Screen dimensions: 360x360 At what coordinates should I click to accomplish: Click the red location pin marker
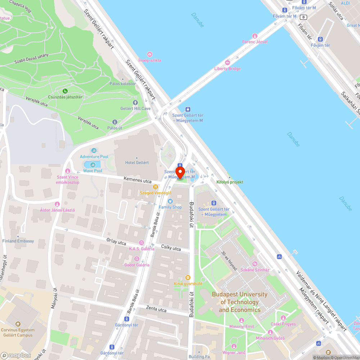[x=180, y=172]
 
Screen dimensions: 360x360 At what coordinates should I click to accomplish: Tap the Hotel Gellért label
[x=137, y=162]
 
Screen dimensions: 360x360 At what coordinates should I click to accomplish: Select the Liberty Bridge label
[x=228, y=69]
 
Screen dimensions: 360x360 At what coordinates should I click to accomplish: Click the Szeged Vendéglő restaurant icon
[x=156, y=187]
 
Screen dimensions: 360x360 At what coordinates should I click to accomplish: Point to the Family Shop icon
[x=170, y=201]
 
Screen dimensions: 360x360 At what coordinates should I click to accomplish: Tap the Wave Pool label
[x=93, y=171]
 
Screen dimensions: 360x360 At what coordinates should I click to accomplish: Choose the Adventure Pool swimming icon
[x=94, y=150]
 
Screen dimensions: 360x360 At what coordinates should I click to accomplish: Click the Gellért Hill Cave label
[x=135, y=108]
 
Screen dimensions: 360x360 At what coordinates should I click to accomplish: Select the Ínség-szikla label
[x=150, y=60]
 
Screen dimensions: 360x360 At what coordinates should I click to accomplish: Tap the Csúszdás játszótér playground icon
[x=65, y=91]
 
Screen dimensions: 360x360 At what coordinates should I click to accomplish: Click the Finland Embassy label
[x=18, y=241]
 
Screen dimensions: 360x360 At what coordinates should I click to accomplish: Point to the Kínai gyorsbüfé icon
[x=188, y=278]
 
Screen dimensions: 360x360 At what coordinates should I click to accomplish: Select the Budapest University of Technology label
[x=239, y=302]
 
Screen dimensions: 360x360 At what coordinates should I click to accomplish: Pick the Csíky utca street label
[x=171, y=248]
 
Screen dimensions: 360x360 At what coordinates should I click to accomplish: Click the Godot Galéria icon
[x=136, y=259]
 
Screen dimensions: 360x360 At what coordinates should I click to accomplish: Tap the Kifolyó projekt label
[x=230, y=182]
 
